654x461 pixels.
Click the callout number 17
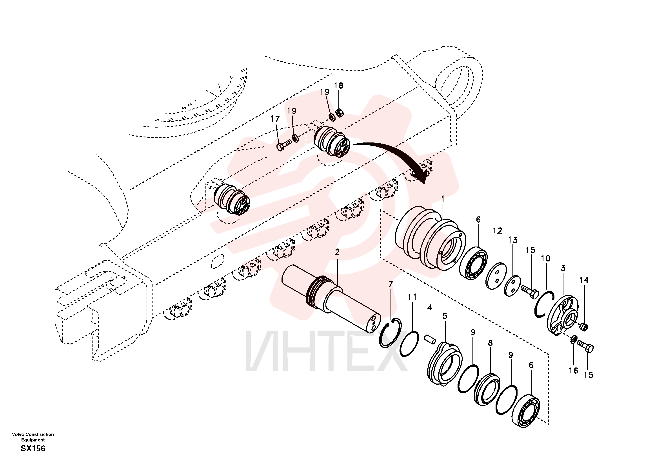pyautogui.click(x=275, y=119)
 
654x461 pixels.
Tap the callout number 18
pyautogui.click(x=339, y=85)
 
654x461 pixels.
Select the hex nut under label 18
pyautogui.click(x=339, y=113)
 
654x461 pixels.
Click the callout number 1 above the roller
pyautogui.click(x=443, y=199)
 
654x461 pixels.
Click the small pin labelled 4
pyautogui.click(x=430, y=339)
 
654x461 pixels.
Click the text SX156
pyautogui.click(x=33, y=448)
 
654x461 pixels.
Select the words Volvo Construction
pyautogui.click(x=33, y=434)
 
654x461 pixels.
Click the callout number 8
pyautogui.click(x=490, y=343)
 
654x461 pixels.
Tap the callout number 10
pyautogui.click(x=546, y=258)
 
